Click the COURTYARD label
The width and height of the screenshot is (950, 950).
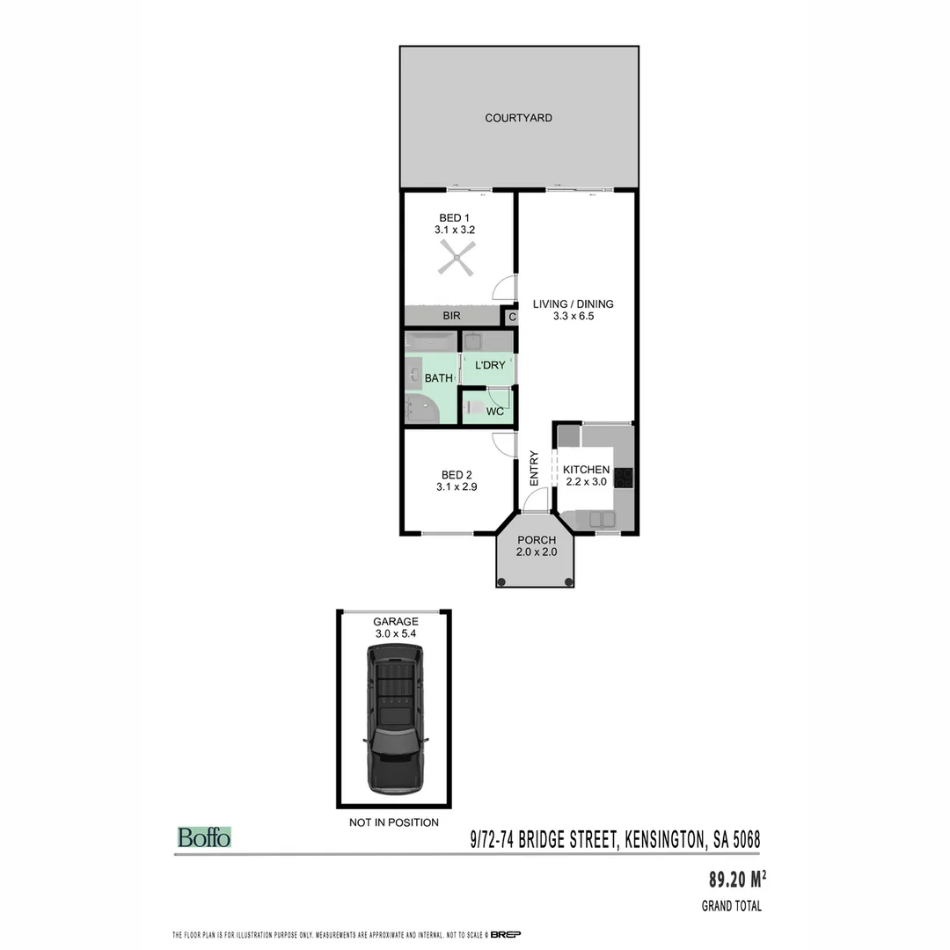[x=518, y=118]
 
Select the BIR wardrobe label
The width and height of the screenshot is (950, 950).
[x=452, y=316]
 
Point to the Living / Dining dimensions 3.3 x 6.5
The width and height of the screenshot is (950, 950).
[x=573, y=317]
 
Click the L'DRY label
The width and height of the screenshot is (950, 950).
[x=489, y=364]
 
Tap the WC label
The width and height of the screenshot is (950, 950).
[x=494, y=411]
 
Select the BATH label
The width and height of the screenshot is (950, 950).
[x=438, y=378]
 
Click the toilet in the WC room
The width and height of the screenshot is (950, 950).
[x=472, y=408]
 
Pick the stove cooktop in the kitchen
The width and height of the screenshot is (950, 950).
[x=624, y=478]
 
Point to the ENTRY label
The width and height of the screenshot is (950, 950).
[x=534, y=468]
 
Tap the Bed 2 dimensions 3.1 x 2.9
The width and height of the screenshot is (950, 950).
[x=457, y=486]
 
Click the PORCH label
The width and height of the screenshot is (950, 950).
[x=536, y=540]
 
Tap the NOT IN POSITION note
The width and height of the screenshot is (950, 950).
[x=394, y=822]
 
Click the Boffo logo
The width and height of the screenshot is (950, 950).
[x=204, y=837]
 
